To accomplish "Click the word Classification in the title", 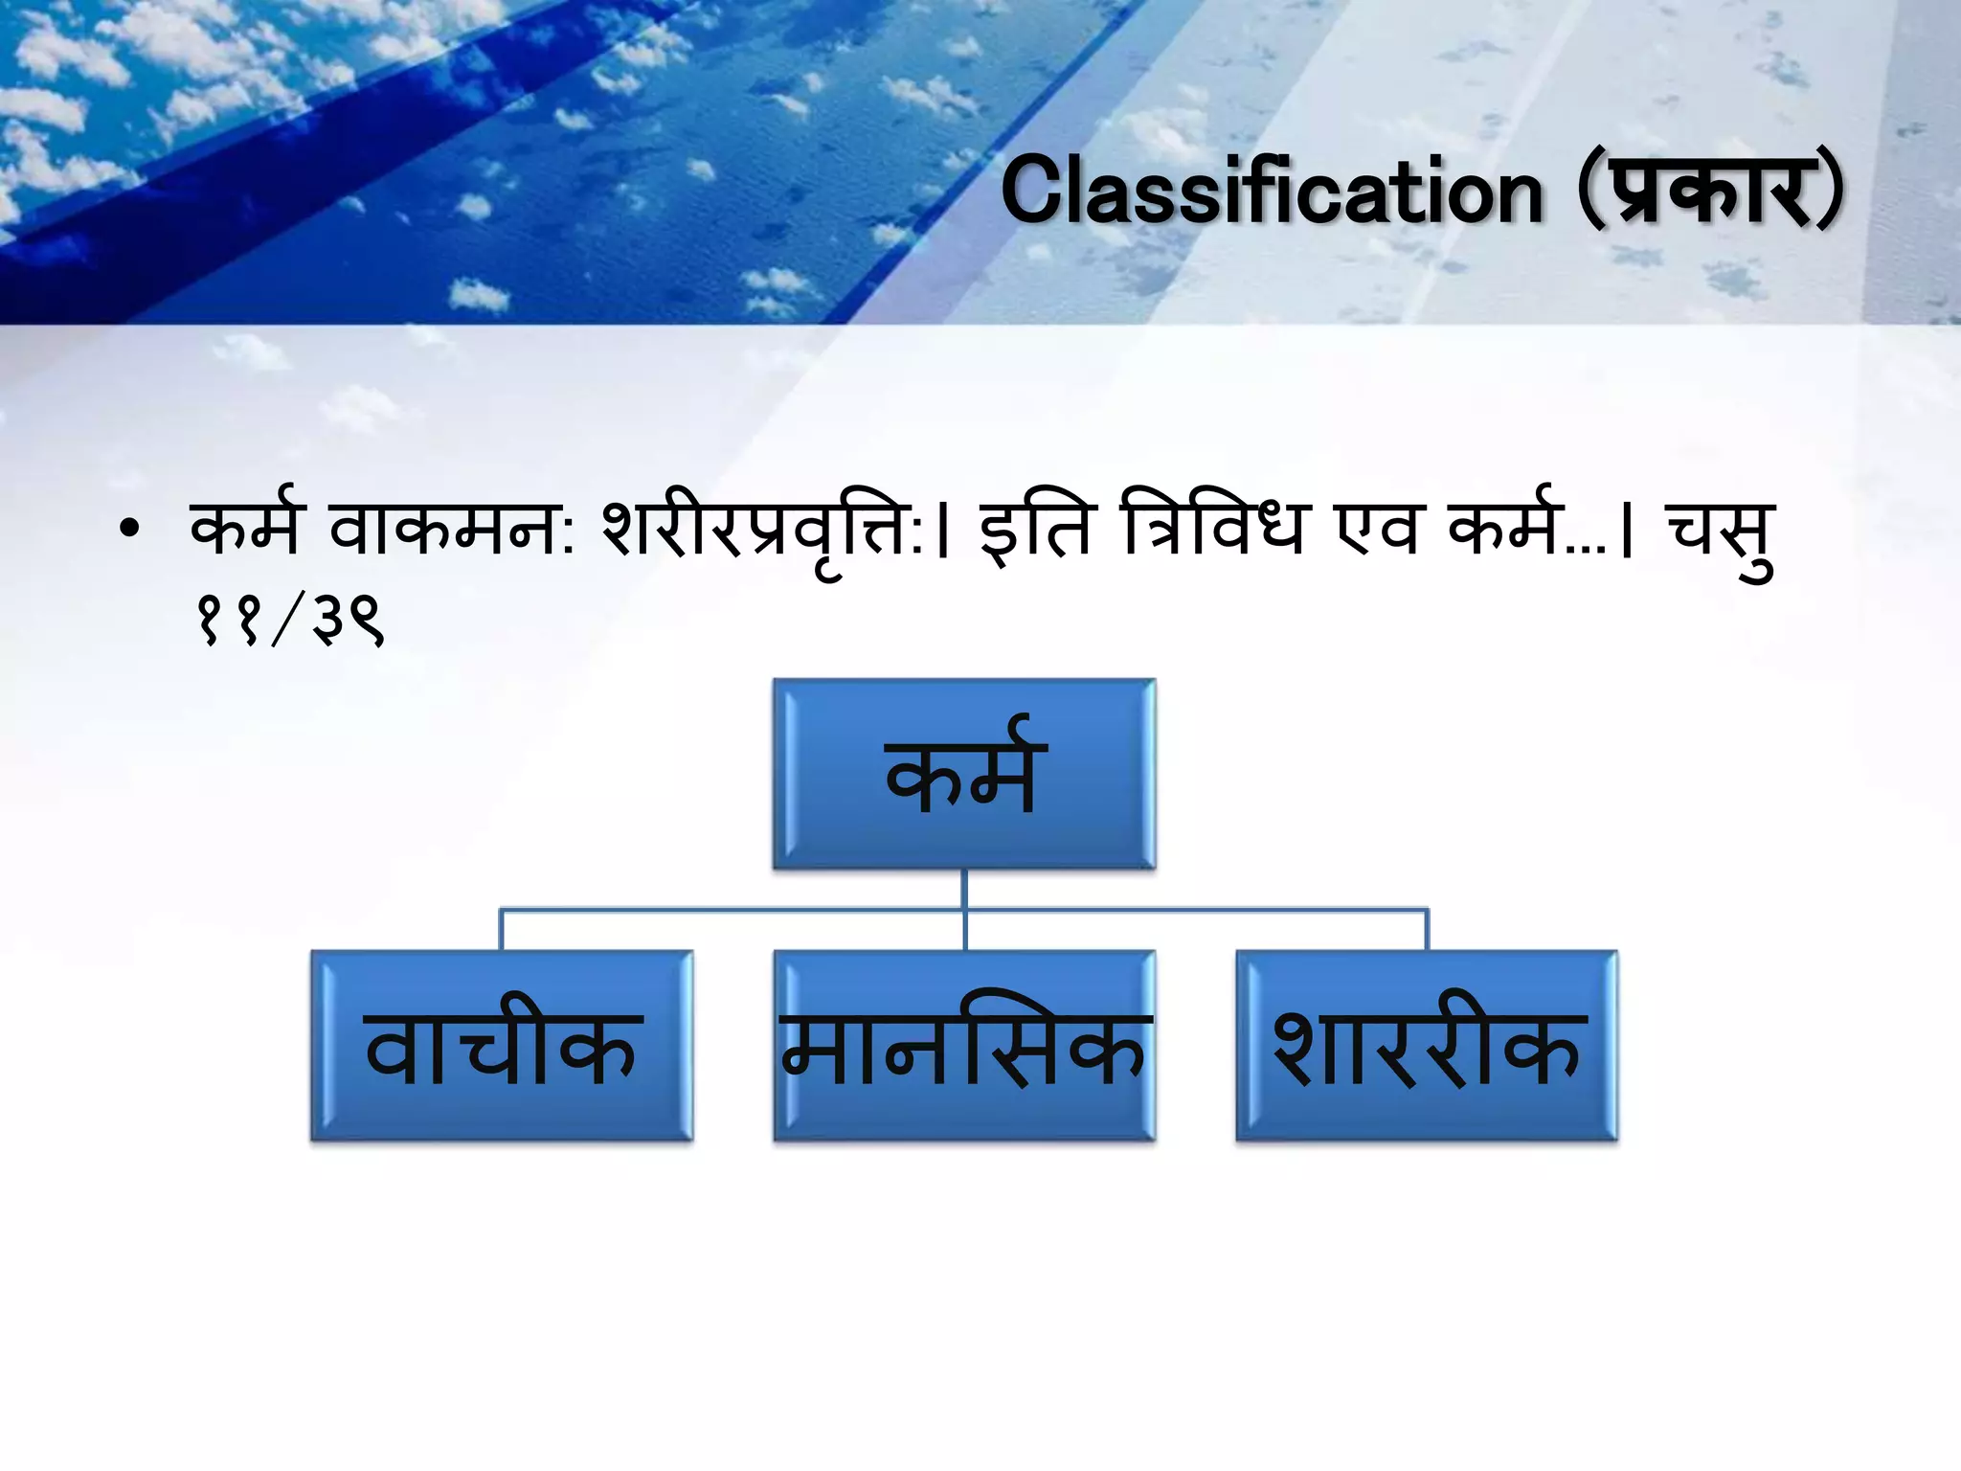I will (x=1272, y=192).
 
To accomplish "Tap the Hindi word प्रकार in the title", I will (x=1710, y=192).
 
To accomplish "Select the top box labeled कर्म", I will (x=964, y=774).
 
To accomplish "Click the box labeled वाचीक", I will (x=502, y=1046).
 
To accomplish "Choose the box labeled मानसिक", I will (x=964, y=1046).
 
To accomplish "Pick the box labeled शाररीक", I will (x=1427, y=1046).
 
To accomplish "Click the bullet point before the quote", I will (x=130, y=530).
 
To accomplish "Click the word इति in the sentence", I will (x=1034, y=530).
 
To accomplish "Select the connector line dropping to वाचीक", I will (x=502, y=929).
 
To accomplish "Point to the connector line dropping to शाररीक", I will (x=1427, y=929).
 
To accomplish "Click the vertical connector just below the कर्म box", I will (x=964, y=889).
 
